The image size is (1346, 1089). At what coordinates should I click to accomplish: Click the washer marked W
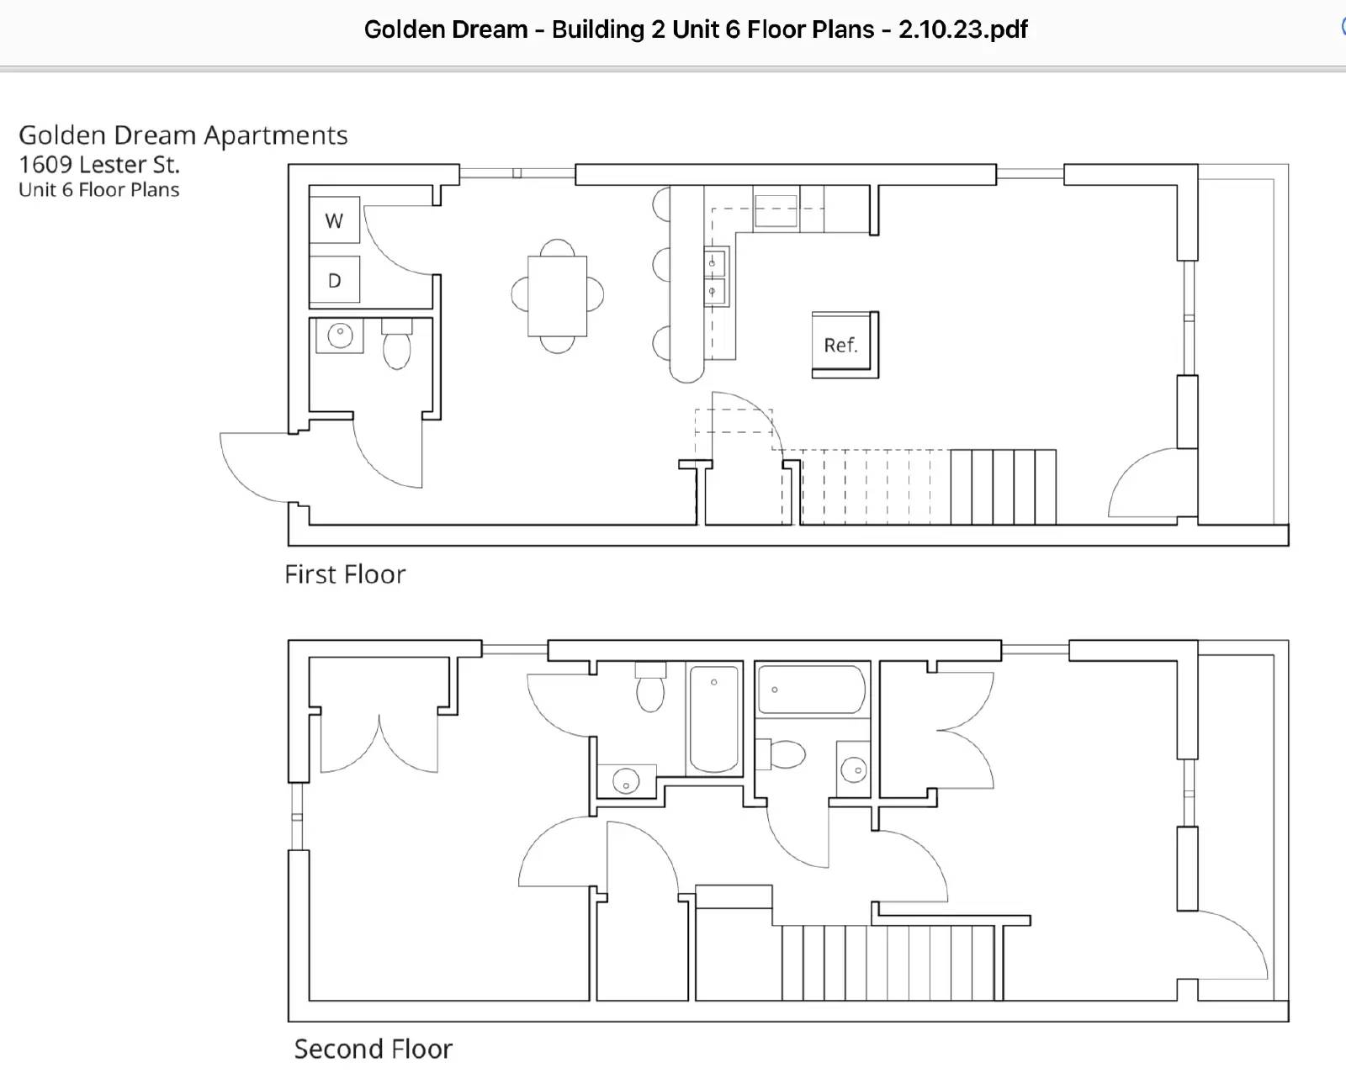[x=334, y=219]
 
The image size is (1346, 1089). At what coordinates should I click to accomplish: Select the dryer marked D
[x=334, y=279]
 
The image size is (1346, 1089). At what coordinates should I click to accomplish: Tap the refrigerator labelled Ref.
[x=845, y=345]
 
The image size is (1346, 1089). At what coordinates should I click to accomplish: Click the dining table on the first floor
[x=558, y=296]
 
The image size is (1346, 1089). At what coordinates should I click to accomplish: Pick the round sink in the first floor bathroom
[x=340, y=335]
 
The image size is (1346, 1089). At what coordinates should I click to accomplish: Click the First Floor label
[x=345, y=574]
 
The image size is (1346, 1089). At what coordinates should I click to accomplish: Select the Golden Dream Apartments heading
[x=183, y=135]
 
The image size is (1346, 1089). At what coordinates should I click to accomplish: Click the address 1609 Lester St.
[x=99, y=165]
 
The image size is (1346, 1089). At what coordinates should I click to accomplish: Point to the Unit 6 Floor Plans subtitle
[x=99, y=189]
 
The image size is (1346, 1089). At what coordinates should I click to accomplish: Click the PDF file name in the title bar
[x=696, y=29]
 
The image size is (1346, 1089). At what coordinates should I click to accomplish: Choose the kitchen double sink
[x=716, y=277]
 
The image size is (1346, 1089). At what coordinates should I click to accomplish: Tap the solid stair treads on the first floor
[x=1003, y=486]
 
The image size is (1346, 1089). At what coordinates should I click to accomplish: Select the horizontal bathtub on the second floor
[x=812, y=690]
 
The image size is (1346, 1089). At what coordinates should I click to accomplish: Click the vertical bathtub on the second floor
[x=714, y=719]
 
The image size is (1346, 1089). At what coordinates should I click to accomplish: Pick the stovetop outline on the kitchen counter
[x=776, y=210]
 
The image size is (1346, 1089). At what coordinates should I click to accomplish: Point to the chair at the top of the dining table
[x=558, y=247]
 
